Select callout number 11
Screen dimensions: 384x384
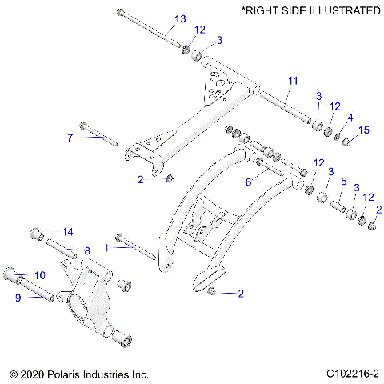(292, 81)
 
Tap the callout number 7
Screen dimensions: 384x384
(70, 138)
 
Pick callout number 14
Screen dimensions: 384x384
(67, 231)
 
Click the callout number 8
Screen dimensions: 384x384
(87, 250)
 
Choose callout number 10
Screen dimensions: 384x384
(40, 275)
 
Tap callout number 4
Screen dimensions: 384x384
(348, 118)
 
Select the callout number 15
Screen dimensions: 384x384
(364, 130)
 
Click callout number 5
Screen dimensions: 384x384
(344, 181)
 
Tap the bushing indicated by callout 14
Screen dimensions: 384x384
(36, 234)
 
